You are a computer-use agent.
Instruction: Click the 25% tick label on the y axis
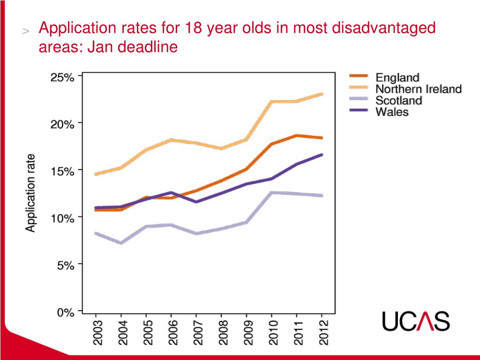tap(62, 78)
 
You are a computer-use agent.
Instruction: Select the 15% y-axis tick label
tap(62, 172)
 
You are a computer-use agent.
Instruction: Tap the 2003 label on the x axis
tap(97, 333)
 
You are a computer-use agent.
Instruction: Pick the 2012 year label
tap(322, 333)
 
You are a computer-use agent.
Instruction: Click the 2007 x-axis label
tap(197, 333)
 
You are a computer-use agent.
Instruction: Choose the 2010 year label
tap(272, 333)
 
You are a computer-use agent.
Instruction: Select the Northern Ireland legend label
tap(419, 89)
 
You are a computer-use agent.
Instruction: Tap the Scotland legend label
tap(399, 100)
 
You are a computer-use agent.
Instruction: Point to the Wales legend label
tap(392, 112)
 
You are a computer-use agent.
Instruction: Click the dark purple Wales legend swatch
tap(360, 111)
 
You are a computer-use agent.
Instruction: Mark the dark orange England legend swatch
tap(360, 76)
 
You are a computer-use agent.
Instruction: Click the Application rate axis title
tap(30, 193)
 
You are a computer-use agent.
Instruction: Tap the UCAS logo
tap(416, 321)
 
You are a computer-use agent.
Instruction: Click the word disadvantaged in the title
tap(383, 28)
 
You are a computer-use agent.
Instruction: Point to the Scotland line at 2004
tap(121, 243)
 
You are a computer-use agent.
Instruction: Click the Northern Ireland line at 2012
tap(322, 94)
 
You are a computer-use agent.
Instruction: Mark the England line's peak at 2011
tap(296, 135)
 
